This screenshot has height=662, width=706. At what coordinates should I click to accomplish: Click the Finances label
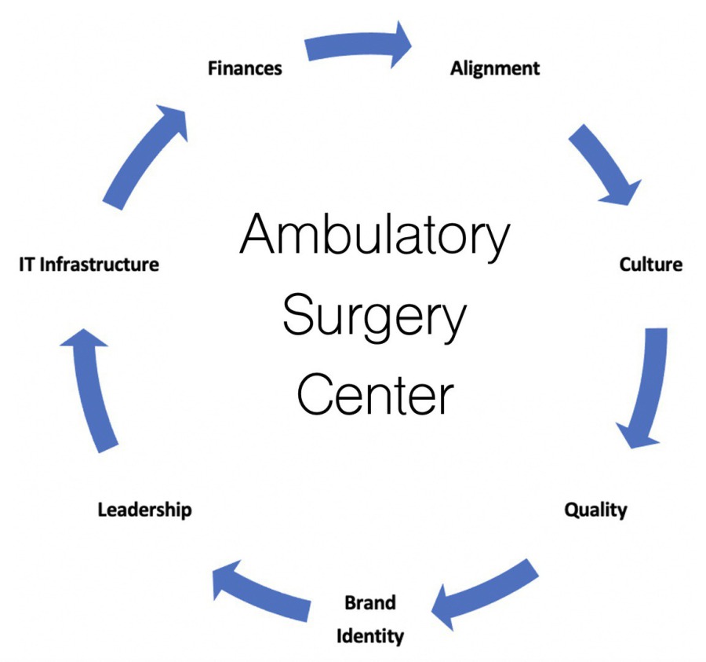pyautogui.click(x=244, y=68)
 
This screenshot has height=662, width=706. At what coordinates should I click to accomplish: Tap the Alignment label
pyautogui.click(x=494, y=68)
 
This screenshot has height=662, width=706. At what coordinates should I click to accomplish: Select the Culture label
pyautogui.click(x=650, y=264)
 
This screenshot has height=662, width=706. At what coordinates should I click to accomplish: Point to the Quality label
pyautogui.click(x=595, y=510)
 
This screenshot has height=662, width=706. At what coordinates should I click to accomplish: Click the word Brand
pyautogui.click(x=370, y=603)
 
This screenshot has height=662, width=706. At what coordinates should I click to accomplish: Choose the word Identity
pyautogui.click(x=370, y=635)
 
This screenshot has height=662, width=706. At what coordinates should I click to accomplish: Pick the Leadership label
pyautogui.click(x=144, y=510)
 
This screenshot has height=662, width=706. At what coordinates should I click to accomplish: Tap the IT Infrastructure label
pyautogui.click(x=88, y=264)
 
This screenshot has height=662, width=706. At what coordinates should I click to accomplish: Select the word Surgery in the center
pyautogui.click(x=374, y=316)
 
